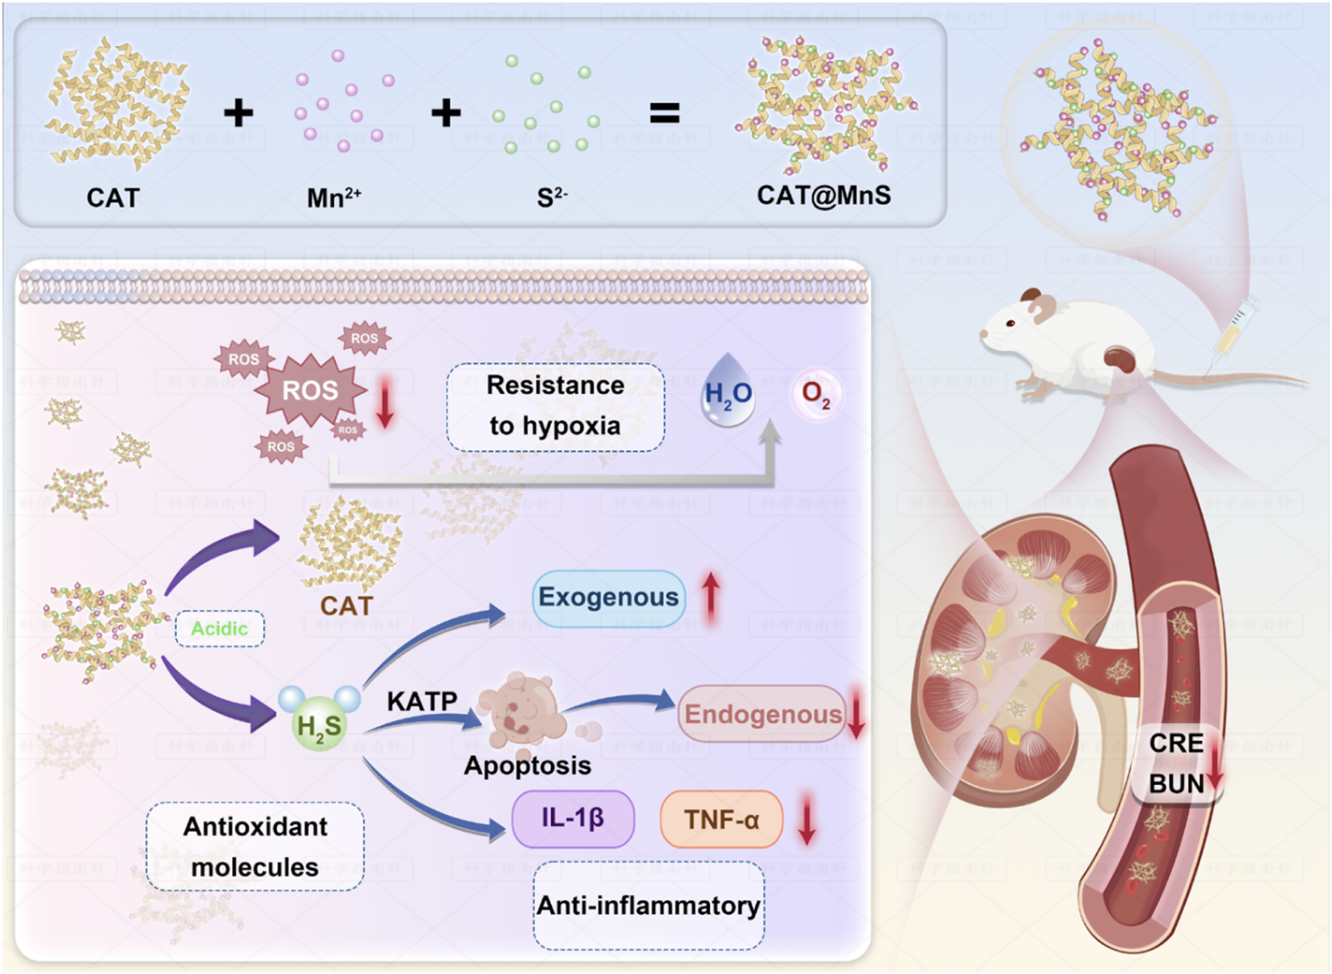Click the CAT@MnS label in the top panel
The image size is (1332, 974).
(x=823, y=196)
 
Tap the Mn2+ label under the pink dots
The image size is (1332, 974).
(x=333, y=198)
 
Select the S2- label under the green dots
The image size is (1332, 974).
(x=552, y=198)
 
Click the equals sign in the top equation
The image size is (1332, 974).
(x=664, y=113)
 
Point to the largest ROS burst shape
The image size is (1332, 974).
(x=310, y=391)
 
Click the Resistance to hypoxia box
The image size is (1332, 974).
(x=555, y=406)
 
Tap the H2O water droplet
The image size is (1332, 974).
(x=728, y=391)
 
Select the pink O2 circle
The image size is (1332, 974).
(x=815, y=394)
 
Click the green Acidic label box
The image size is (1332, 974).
(x=219, y=629)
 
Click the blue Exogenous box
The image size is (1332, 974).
(x=608, y=597)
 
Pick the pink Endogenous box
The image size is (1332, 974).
(x=762, y=714)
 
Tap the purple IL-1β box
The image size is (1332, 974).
(x=572, y=818)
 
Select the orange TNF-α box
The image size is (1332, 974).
(x=721, y=820)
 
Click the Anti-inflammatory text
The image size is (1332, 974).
(x=648, y=905)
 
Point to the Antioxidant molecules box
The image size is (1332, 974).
(x=254, y=846)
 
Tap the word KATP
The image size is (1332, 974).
(x=422, y=701)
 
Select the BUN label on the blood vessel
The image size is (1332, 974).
(x=1176, y=783)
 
